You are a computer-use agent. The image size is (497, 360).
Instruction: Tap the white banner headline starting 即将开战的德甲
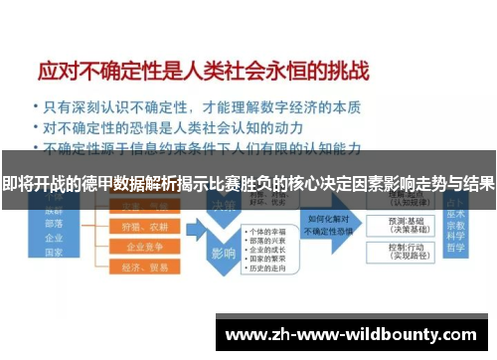click(248, 183)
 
